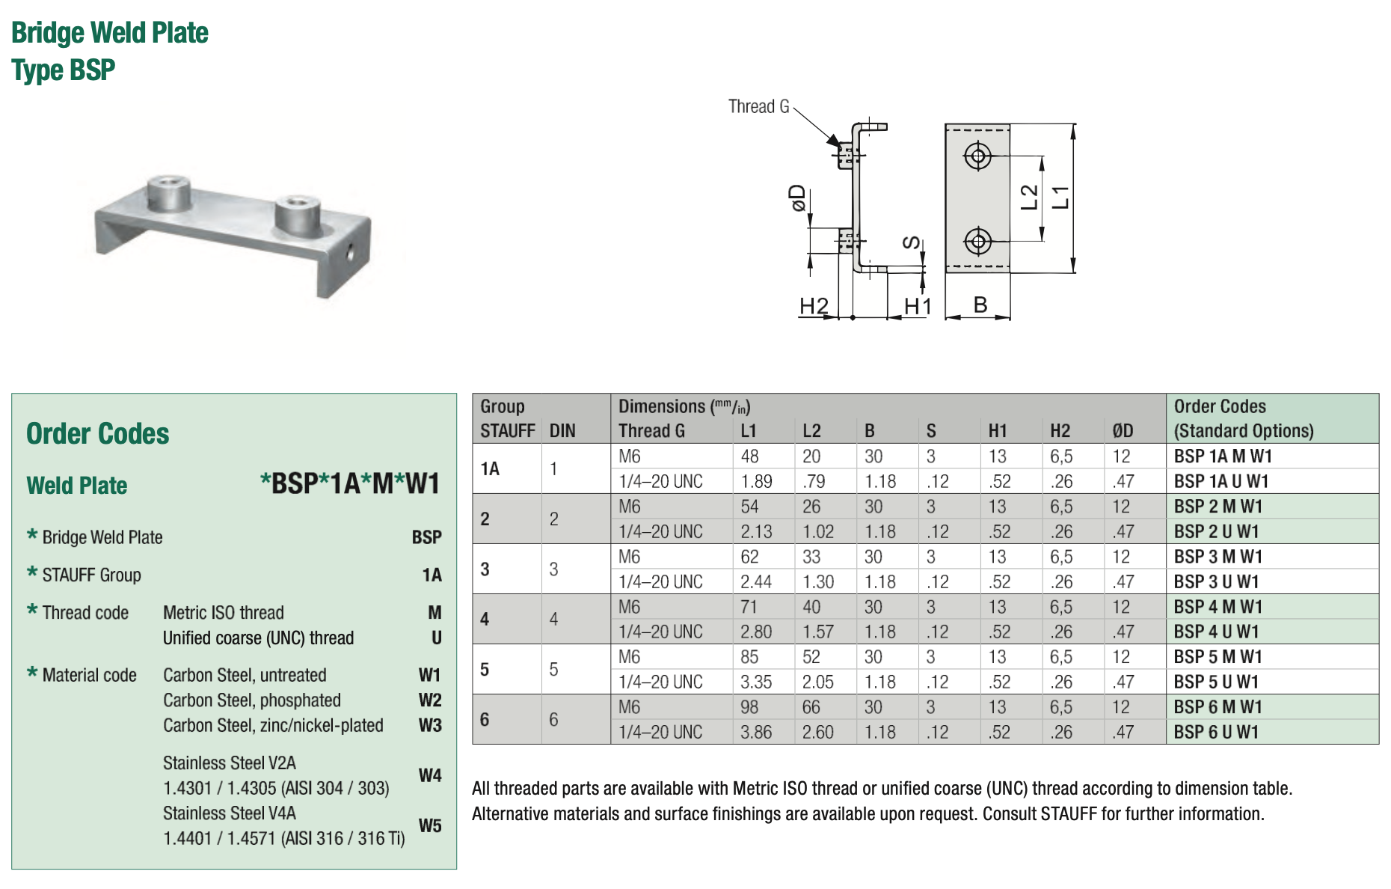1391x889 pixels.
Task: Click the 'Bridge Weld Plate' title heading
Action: pyautogui.click(x=110, y=33)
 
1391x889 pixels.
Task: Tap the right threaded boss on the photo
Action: pyautogui.click(x=297, y=213)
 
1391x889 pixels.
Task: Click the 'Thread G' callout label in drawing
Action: pyautogui.click(x=758, y=106)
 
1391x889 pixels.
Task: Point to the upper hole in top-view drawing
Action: pyautogui.click(x=977, y=156)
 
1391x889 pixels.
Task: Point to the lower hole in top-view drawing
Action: pyautogui.click(x=977, y=241)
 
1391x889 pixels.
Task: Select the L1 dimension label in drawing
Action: pyautogui.click(x=1060, y=198)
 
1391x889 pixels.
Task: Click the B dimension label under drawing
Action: pyautogui.click(x=980, y=305)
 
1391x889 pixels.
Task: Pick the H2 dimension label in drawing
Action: pyautogui.click(x=814, y=306)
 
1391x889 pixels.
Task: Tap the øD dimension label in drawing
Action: pyautogui.click(x=798, y=198)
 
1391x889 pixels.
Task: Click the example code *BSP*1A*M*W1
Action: pyautogui.click(x=349, y=483)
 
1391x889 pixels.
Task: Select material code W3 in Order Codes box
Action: pyautogui.click(x=430, y=725)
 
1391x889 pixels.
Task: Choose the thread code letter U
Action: pyautogui.click(x=436, y=638)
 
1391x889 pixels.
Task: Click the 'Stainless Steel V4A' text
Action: pyautogui.click(x=230, y=813)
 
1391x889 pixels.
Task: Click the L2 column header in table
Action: pyautogui.click(x=811, y=431)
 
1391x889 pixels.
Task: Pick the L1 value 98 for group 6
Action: pyautogui.click(x=749, y=707)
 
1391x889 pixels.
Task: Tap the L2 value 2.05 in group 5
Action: pyautogui.click(x=817, y=682)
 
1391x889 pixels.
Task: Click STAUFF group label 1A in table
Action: pyautogui.click(x=490, y=468)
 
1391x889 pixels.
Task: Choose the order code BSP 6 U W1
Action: pyautogui.click(x=1216, y=732)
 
